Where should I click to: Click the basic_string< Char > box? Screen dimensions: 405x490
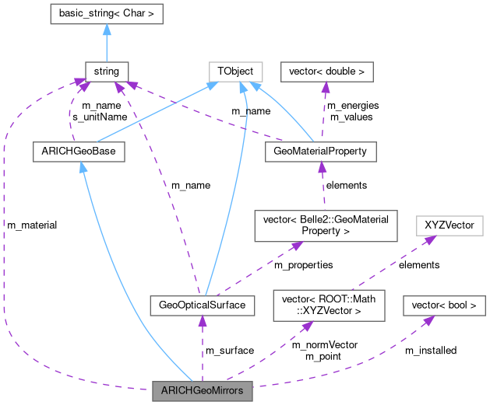[106, 13]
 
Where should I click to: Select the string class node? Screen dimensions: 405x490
[106, 72]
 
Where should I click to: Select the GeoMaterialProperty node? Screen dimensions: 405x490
[320, 151]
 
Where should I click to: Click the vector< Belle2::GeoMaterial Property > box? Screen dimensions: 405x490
[326, 225]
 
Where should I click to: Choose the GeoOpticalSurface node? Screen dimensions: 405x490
[202, 305]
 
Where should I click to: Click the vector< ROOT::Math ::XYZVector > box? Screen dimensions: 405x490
[328, 305]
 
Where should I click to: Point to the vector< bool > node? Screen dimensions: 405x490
[439, 305]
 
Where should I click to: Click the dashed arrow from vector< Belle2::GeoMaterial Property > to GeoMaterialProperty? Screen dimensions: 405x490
[323, 187]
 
